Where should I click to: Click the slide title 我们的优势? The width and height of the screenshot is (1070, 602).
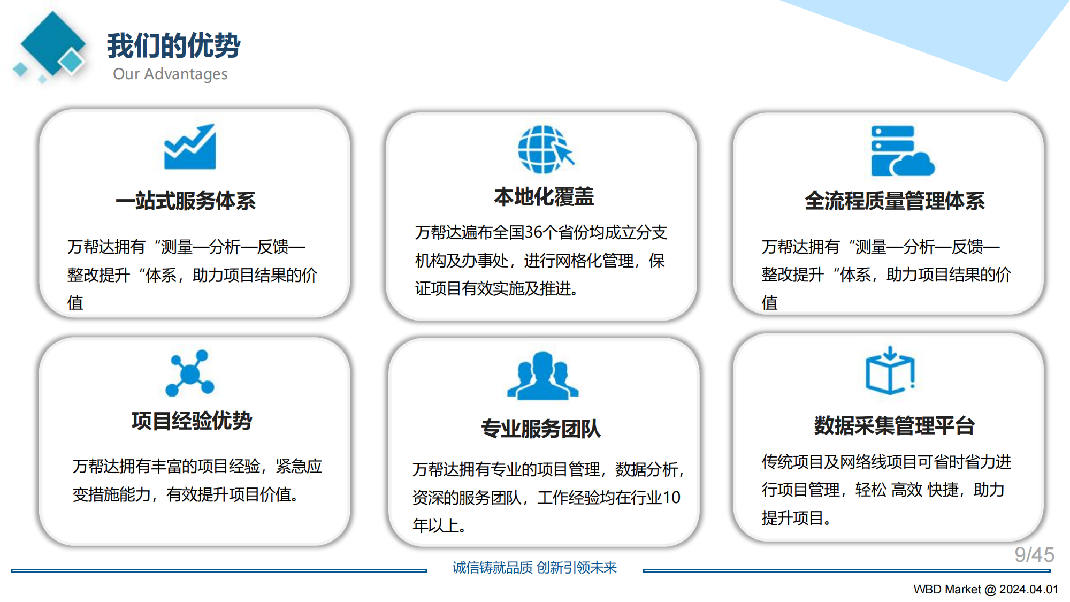173,45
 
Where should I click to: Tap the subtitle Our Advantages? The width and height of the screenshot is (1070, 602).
170,74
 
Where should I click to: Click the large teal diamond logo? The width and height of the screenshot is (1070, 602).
52,43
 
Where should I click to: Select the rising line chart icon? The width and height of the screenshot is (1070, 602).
190,147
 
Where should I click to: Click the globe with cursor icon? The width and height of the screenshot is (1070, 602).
545,149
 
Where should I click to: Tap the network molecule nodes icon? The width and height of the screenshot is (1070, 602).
190,373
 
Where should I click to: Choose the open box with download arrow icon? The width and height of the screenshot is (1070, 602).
890,371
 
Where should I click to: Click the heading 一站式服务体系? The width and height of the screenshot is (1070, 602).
186,201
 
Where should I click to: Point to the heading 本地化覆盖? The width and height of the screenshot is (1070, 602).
544,197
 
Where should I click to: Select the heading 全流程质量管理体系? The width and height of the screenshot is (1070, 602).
895,201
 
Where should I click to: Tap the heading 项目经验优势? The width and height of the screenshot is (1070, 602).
192,421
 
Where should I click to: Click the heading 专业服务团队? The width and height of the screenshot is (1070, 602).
541,429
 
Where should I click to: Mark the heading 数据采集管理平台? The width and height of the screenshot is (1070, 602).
894,426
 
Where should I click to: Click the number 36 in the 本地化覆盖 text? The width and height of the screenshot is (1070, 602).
533,232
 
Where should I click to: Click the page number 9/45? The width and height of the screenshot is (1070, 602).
1034,555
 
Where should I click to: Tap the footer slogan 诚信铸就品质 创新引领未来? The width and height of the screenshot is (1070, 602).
534,567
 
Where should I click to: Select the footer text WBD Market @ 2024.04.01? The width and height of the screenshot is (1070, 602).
985,589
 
